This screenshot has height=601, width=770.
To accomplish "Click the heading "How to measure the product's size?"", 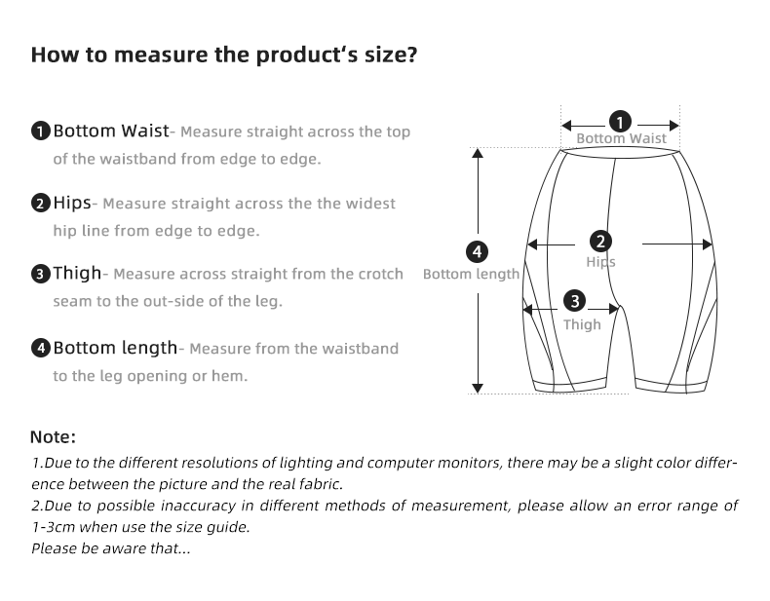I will click(224, 55).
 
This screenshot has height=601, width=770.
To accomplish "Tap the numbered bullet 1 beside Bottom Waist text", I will click(41, 131).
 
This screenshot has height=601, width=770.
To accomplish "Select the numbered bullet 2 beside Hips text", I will click(41, 204).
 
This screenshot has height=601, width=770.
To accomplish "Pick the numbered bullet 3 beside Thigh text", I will click(41, 275).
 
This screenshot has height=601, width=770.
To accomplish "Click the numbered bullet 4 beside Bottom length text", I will click(41, 349).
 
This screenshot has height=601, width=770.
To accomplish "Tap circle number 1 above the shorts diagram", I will click(620, 122).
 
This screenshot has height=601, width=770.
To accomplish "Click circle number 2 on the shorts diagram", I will click(600, 242).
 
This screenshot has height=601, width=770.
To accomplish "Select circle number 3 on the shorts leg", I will click(575, 301).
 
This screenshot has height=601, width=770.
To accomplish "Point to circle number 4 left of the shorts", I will click(477, 252).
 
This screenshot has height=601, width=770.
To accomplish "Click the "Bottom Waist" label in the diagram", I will click(621, 139).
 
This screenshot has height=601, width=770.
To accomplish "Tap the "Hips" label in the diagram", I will click(600, 262).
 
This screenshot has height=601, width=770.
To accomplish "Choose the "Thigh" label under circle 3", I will click(582, 324).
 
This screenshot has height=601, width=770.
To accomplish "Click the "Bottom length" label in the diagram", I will click(471, 275).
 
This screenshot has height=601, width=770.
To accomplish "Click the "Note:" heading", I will click(53, 437).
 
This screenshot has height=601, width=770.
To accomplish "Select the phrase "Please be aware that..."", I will click(110, 548).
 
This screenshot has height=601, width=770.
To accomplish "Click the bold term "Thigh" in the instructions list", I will click(76, 275).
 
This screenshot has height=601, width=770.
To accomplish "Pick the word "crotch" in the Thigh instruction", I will click(378, 275).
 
